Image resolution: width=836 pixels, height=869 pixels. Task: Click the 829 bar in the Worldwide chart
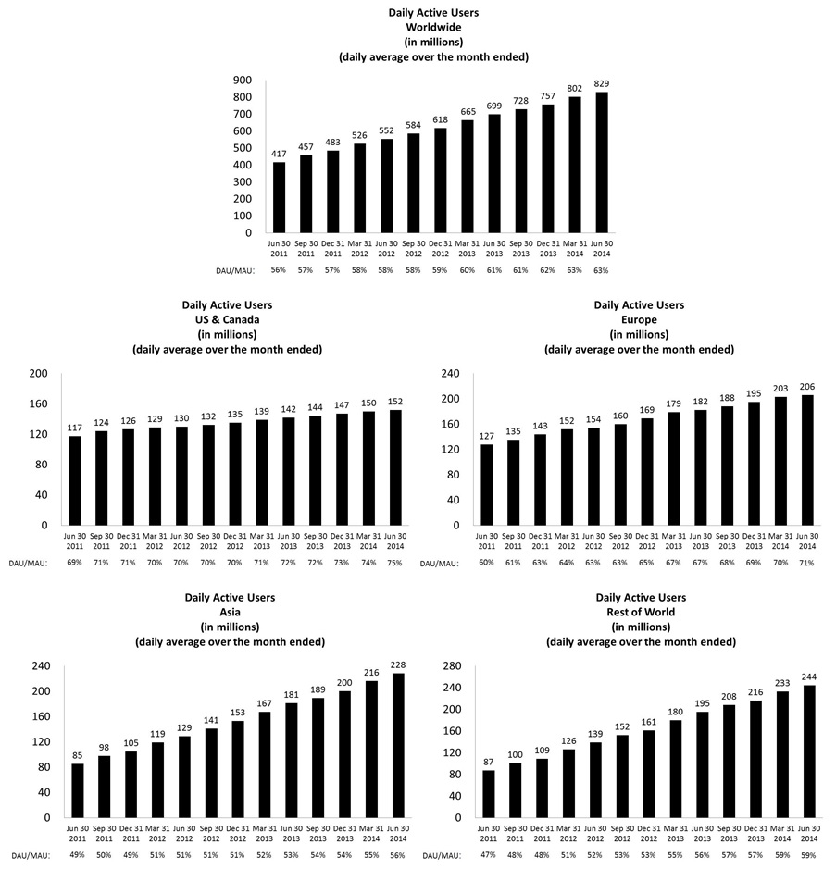tap(603, 162)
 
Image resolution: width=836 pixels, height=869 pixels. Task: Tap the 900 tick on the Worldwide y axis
tap(243, 81)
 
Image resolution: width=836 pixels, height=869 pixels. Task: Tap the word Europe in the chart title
tap(638, 319)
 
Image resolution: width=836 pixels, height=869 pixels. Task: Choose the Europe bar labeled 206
tap(807, 460)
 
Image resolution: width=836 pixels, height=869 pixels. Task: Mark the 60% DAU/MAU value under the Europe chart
tap(487, 562)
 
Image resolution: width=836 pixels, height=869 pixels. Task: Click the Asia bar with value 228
tap(396, 744)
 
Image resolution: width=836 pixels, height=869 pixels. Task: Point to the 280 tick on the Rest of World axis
tap(453, 666)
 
